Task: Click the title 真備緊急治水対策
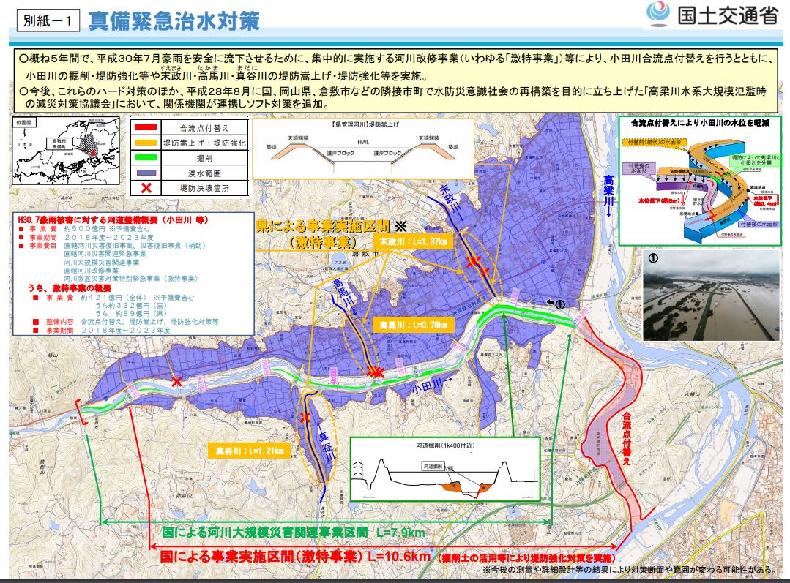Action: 174,20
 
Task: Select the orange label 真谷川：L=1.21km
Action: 249,449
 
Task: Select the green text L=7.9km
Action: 399,533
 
